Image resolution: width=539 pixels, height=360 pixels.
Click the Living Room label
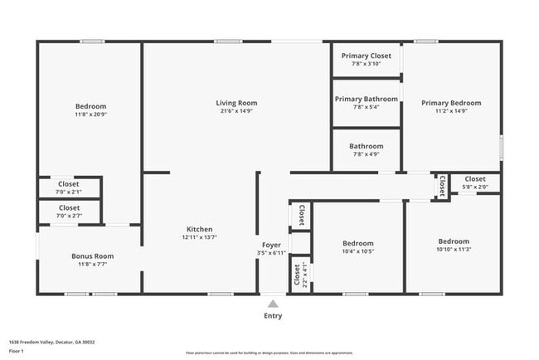(x=237, y=103)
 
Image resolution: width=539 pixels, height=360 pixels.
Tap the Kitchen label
(x=199, y=229)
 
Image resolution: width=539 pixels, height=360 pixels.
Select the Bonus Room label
(x=92, y=256)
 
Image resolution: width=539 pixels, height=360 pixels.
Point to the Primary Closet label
(x=366, y=56)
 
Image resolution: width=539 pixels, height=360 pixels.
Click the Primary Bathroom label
(x=366, y=99)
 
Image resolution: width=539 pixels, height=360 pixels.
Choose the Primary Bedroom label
(x=450, y=103)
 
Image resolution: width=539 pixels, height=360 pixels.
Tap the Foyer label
(x=272, y=245)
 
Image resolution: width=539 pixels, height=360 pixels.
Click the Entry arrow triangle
(x=273, y=304)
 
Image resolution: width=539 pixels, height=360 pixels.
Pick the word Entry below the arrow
(x=273, y=315)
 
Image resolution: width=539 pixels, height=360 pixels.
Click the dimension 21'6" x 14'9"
(x=237, y=111)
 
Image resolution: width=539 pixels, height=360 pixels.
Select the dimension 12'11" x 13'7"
(x=199, y=237)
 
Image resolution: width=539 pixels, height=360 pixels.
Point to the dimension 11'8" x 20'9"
(x=90, y=114)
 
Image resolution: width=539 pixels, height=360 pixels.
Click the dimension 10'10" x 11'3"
(x=454, y=250)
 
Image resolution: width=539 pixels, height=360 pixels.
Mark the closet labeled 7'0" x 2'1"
(x=69, y=187)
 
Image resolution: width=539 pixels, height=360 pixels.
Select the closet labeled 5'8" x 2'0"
(x=474, y=182)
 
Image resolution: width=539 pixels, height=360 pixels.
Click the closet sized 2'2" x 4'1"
(x=297, y=273)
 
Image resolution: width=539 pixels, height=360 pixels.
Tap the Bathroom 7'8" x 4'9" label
(x=366, y=149)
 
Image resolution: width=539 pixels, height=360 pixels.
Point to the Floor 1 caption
(x=17, y=351)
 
